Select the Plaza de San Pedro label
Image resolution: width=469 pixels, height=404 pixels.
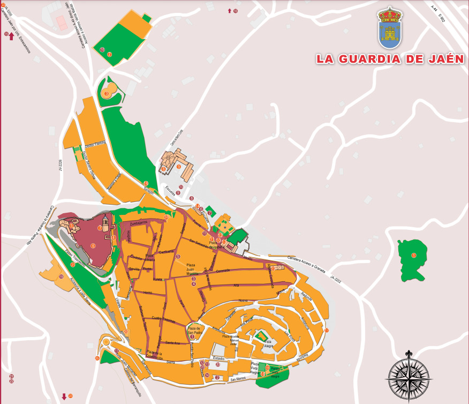pos(193,330)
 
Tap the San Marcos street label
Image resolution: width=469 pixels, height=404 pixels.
pos(238,380)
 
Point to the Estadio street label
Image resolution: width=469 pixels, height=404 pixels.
pos(218,358)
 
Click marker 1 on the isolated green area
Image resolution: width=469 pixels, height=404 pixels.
pos(413,255)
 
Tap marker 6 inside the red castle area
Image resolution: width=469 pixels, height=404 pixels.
pos(93,246)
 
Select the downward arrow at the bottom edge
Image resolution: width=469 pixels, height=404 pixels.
pos(64,396)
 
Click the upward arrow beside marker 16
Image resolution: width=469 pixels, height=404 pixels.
pos(230,11)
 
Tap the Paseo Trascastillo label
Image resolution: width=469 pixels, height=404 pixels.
pos(75,257)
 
